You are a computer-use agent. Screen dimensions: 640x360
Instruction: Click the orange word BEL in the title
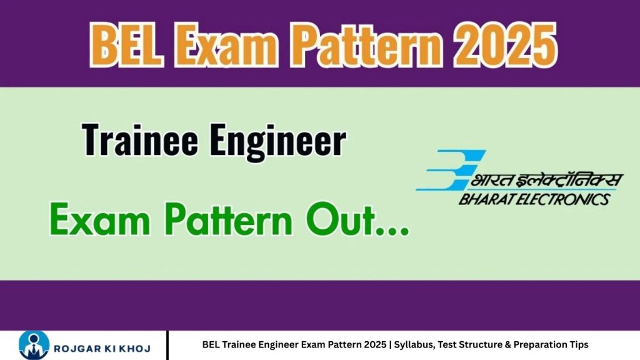coord(126,44)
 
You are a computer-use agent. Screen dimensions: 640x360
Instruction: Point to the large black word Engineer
coord(278,142)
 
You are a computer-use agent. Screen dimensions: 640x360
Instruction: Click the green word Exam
coord(99,220)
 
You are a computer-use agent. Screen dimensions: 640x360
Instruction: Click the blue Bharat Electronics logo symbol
coord(451,170)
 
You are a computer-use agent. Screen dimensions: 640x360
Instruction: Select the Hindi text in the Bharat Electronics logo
coord(547,179)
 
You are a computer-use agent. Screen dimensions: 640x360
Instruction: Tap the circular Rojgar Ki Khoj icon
coord(34,345)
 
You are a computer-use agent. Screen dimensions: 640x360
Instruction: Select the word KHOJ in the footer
coord(137,349)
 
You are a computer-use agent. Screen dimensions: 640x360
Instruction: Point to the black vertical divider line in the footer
coord(167,345)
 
